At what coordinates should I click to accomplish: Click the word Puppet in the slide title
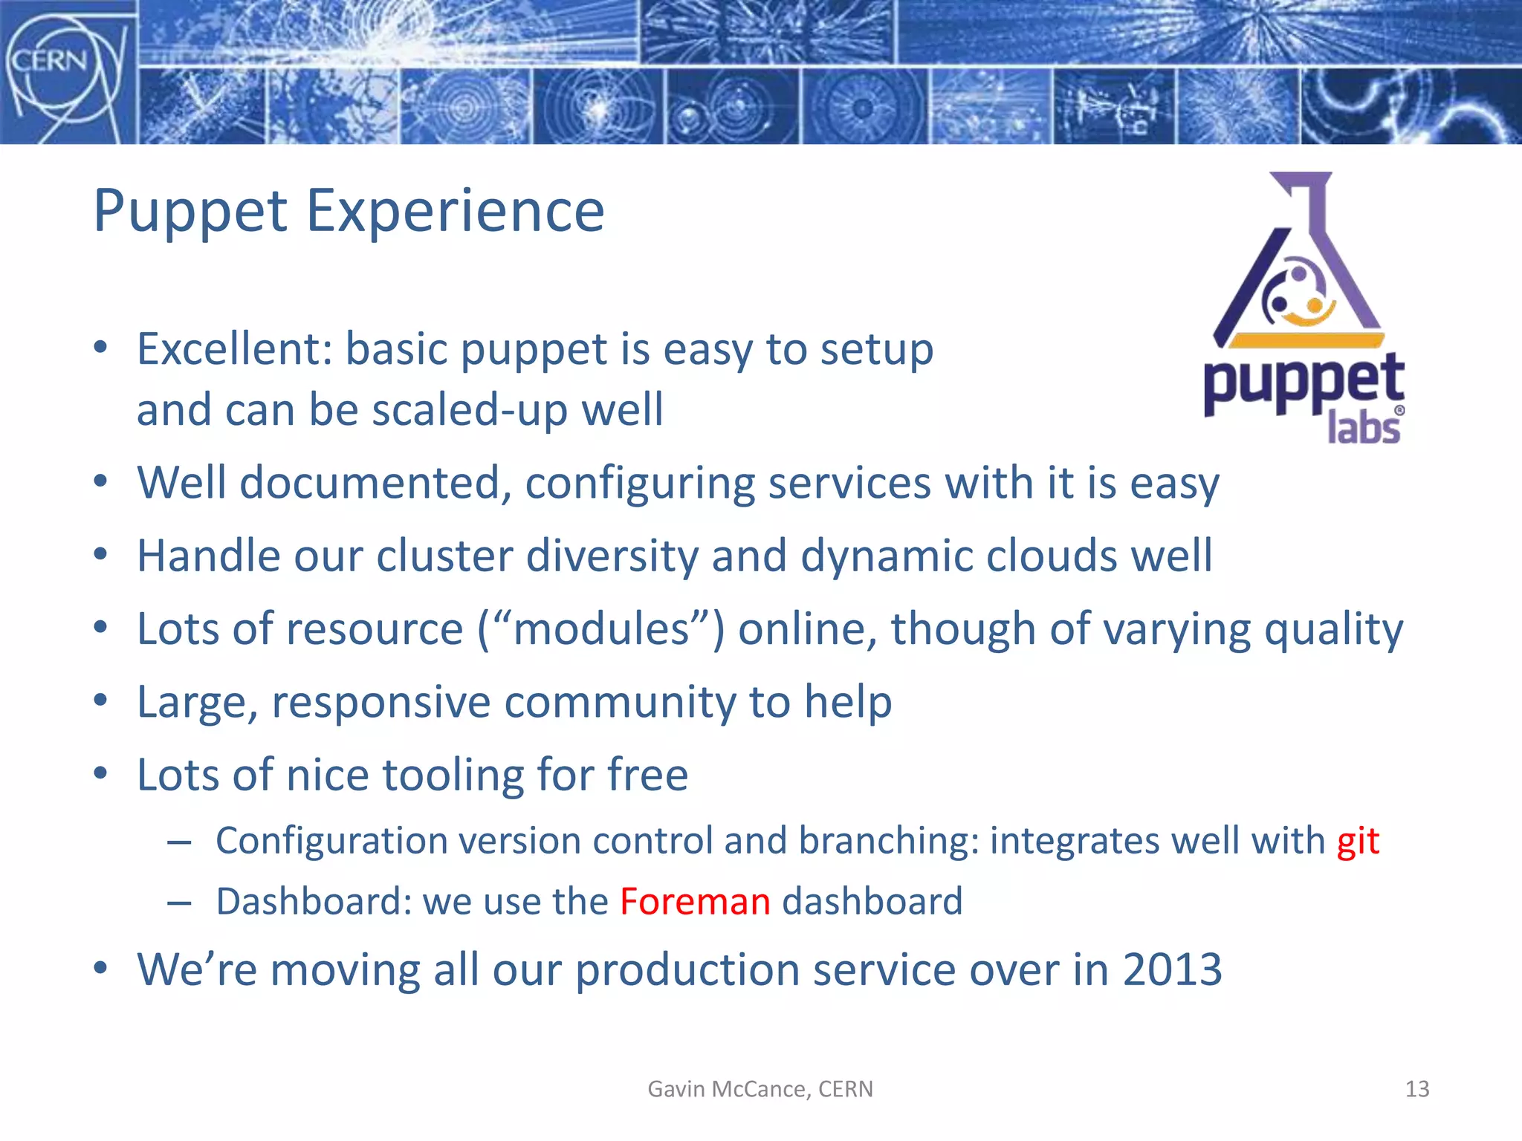click(190, 212)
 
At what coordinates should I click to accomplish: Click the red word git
click(1358, 842)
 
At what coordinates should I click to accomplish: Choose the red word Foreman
click(695, 902)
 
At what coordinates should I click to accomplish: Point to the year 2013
click(1172, 969)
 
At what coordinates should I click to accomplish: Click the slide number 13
click(1416, 1089)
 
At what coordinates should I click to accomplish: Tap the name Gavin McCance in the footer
click(728, 1089)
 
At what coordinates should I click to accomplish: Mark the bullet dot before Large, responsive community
click(101, 700)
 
